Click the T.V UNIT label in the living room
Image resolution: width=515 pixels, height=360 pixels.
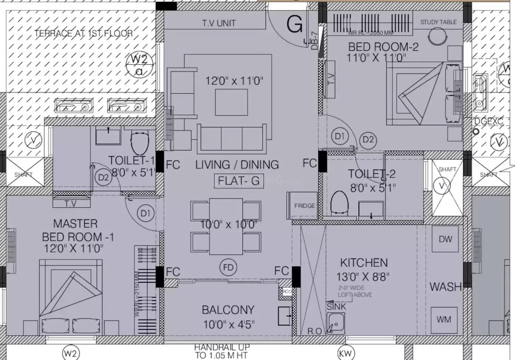coord(219,23)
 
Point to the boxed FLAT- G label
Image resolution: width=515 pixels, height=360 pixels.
coord(239,181)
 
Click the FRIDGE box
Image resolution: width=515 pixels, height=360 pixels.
coord(305,206)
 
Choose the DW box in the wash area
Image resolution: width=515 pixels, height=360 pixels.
coord(445,239)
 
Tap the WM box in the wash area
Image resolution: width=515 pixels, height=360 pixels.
coord(445,319)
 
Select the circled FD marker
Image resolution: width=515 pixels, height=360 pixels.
coord(229,267)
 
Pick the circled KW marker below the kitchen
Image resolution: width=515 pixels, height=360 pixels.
coord(345,353)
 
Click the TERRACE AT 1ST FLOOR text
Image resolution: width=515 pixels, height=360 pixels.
coord(83,33)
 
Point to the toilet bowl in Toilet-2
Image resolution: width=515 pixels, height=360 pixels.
coord(339,203)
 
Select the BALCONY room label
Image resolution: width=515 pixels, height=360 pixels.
coord(228,309)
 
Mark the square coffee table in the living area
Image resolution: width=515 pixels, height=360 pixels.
coord(232,102)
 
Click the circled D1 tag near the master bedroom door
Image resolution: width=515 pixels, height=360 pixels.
coord(146,214)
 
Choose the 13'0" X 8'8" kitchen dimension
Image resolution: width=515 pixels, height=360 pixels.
coord(363,277)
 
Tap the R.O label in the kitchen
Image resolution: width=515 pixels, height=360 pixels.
coord(314,331)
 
